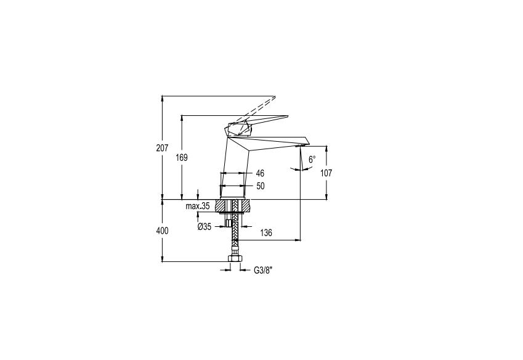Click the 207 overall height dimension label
(162, 148)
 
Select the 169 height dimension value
(182, 158)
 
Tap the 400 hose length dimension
(162, 231)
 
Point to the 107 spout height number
(326, 173)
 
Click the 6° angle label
(312, 160)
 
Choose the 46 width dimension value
(260, 173)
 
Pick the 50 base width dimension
(261, 186)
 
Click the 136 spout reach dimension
(266, 233)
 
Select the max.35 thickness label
(198, 206)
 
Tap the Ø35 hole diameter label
(205, 227)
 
